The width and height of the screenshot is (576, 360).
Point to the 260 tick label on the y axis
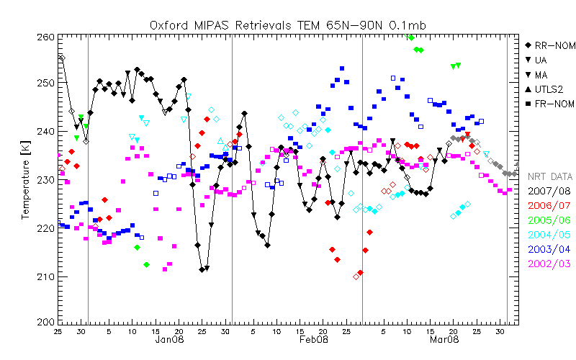pos(45,37)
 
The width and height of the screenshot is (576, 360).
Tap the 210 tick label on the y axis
pos(45,276)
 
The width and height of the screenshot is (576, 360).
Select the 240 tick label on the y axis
pos(45,132)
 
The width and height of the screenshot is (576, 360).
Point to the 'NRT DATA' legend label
pos(550,176)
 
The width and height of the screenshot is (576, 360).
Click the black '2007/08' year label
pos(550,191)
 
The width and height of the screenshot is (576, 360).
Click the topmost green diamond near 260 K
pos(411,37)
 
